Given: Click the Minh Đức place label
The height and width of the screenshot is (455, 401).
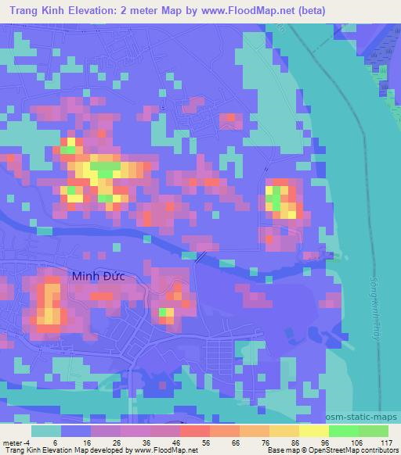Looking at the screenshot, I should (x=98, y=276).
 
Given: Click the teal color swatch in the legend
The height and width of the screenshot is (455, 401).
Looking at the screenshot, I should (x=46, y=431).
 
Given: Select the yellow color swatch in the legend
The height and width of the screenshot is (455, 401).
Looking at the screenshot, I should (x=313, y=431).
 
